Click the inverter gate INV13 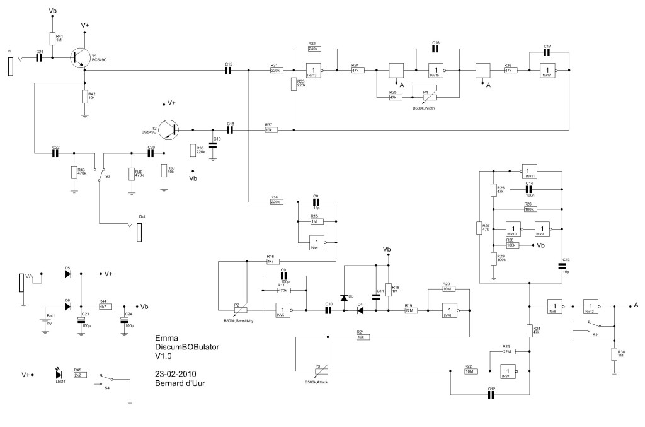click(x=315, y=71)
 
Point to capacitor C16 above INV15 click(x=435, y=49)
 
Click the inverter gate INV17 click(x=551, y=71)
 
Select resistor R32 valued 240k click(x=314, y=49)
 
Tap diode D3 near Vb click(x=344, y=297)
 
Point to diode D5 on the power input click(x=68, y=274)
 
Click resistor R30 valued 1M click(x=614, y=354)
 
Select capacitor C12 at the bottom click(x=491, y=395)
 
